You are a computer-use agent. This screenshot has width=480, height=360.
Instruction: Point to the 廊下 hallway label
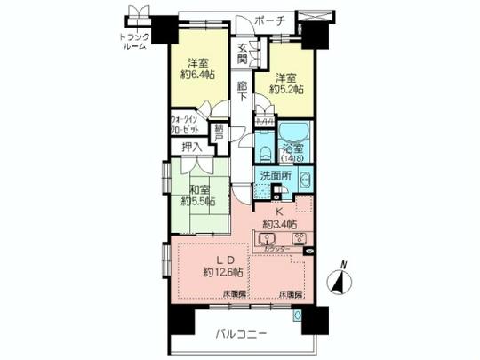[x=243, y=92]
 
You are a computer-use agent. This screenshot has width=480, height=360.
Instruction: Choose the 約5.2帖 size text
[x=285, y=91]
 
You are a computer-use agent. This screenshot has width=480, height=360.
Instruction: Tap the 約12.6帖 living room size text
[x=215, y=270]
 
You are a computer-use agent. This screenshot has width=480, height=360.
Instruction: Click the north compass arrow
[x=339, y=279]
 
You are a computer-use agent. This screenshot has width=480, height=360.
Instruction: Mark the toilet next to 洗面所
[x=302, y=178]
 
